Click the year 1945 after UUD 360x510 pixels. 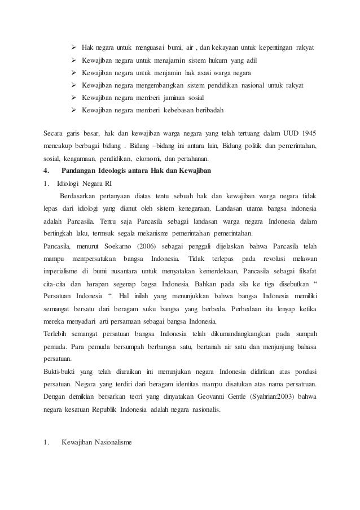[308, 134]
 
